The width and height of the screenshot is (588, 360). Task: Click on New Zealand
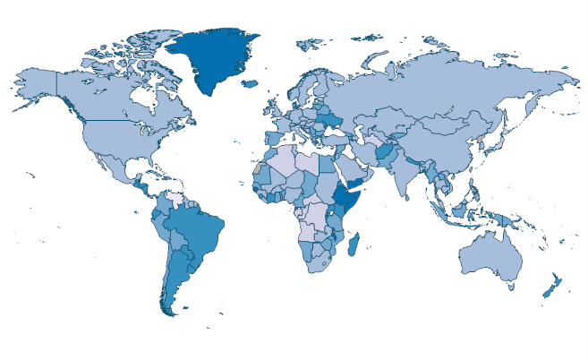pyautogui.click(x=550, y=285)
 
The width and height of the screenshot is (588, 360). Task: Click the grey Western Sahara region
pyautogui.click(x=258, y=168)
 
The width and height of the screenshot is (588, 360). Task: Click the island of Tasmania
pyautogui.click(x=511, y=287)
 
